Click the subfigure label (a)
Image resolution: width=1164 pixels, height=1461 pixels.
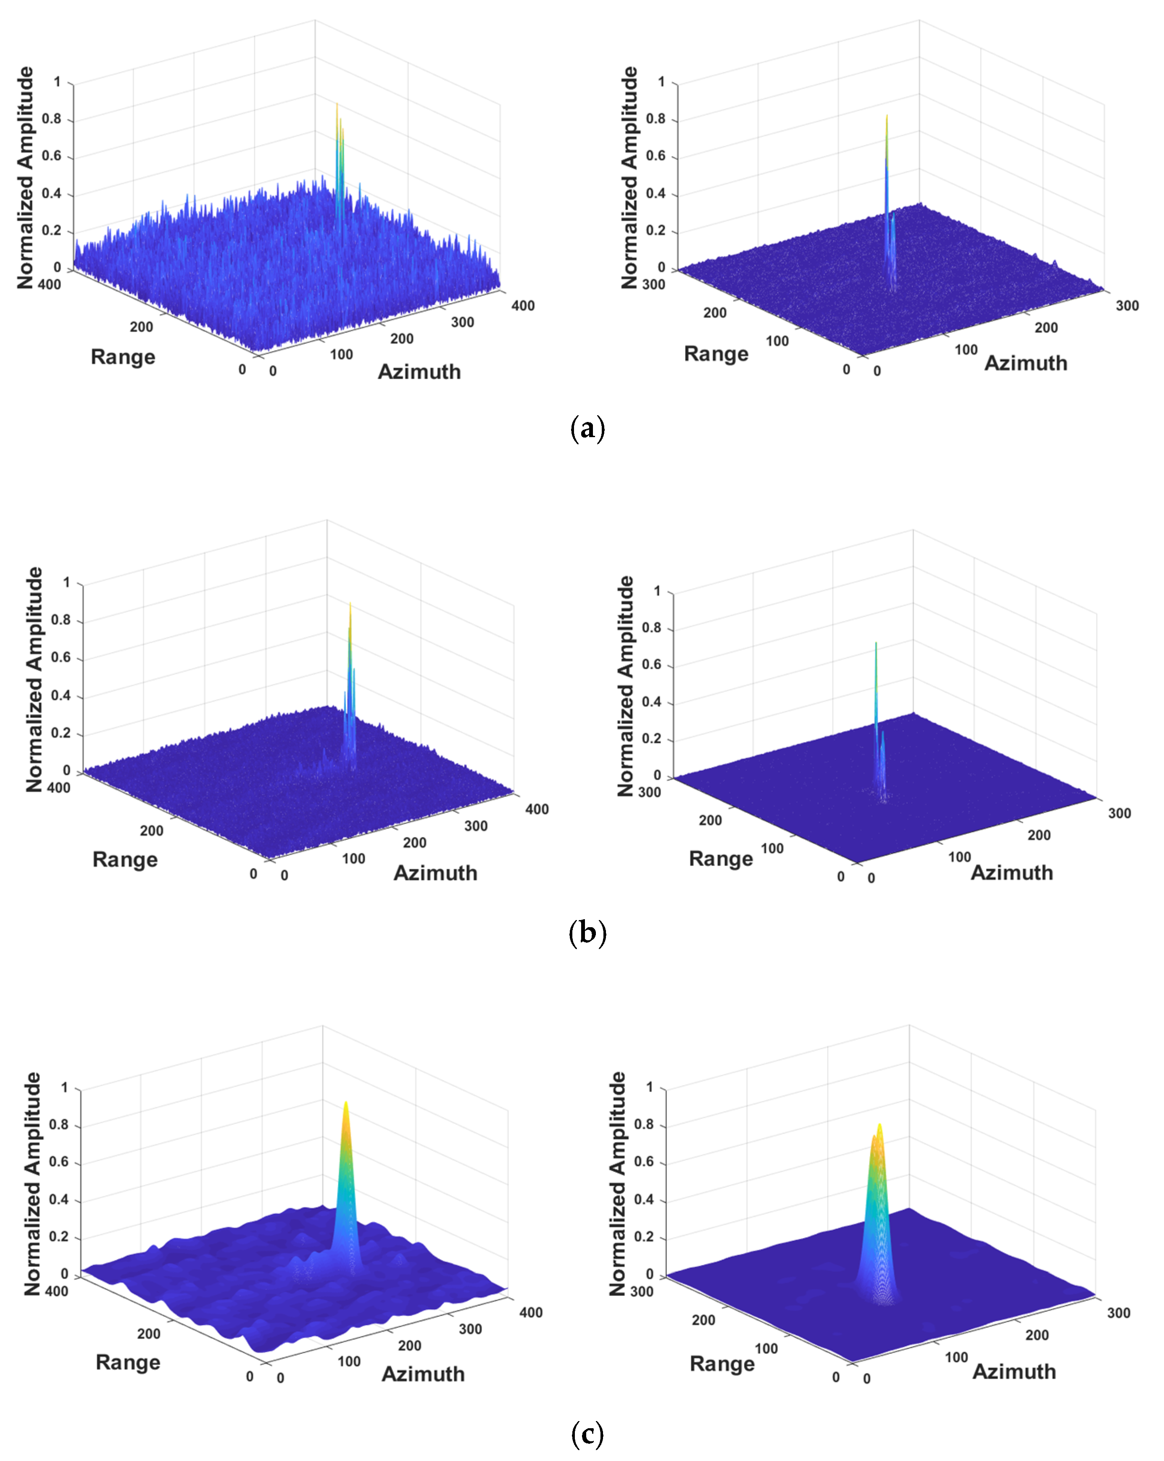pos(587,429)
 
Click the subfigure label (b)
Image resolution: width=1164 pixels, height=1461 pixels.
pos(587,933)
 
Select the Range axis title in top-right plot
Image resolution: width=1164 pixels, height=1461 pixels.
pos(716,354)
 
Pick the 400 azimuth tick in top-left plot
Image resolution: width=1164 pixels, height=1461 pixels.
pos(522,306)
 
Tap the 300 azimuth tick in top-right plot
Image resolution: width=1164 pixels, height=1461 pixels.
pos(1127,306)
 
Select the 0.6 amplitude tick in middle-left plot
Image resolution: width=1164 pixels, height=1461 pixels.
pos(61,657)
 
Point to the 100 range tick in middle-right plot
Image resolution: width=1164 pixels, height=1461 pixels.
pos(772,849)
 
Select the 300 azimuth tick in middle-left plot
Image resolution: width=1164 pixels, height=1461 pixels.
pos(476,826)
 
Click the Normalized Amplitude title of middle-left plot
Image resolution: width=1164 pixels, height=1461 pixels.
pos(34,680)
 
